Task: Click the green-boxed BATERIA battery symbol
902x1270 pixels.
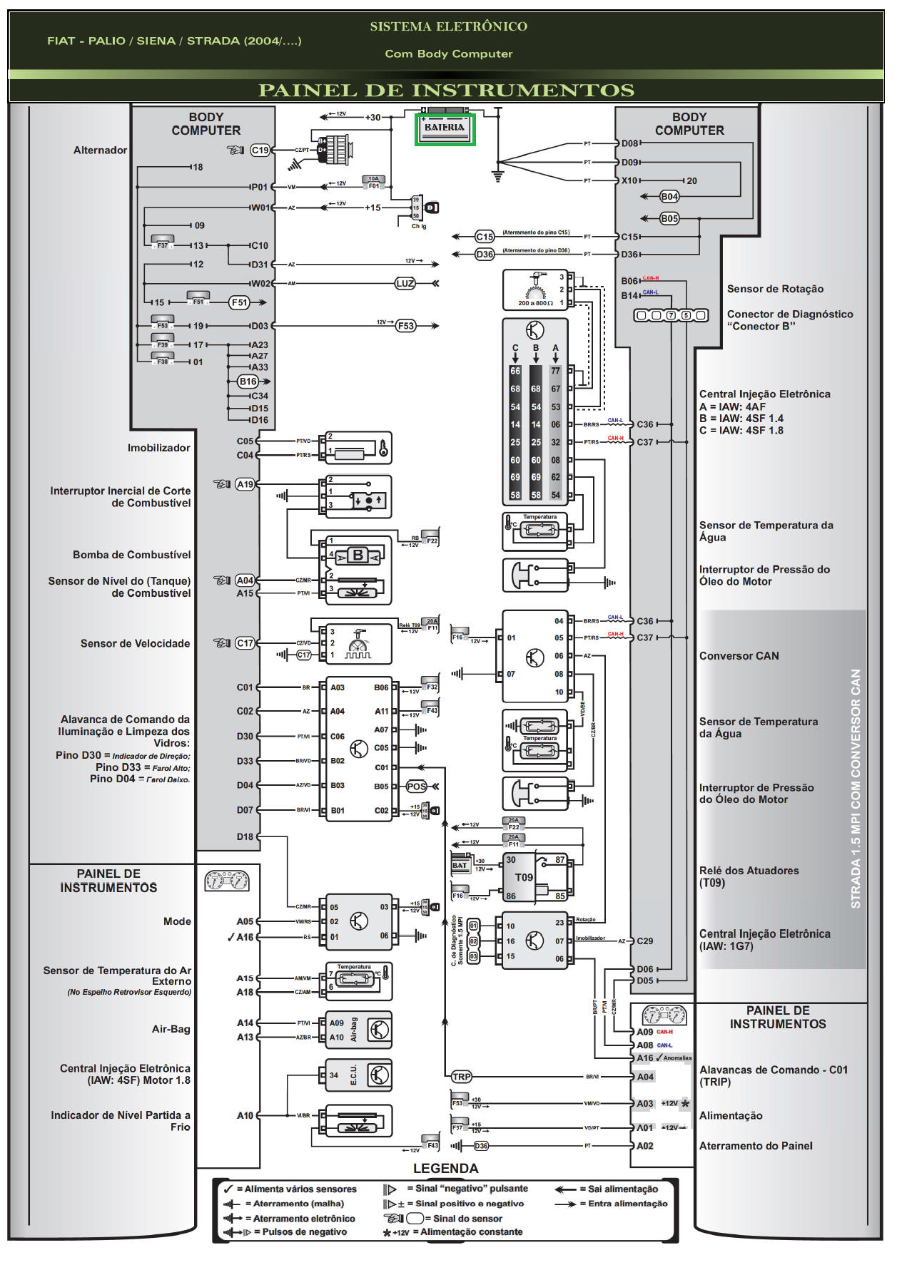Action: click(445, 129)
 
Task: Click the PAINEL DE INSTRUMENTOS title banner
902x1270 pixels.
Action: click(446, 91)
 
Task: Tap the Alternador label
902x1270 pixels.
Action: click(100, 150)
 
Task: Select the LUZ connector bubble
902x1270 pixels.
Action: click(405, 283)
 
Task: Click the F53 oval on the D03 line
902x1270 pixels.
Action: click(405, 325)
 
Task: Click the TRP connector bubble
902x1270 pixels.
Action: click(461, 1077)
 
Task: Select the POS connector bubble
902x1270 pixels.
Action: click(416, 787)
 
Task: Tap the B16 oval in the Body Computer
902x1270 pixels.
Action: click(248, 381)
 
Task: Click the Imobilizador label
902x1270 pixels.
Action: click(158, 448)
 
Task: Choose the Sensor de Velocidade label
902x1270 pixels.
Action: click(135, 643)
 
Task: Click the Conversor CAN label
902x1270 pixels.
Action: click(739, 656)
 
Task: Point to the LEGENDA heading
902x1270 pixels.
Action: click(445, 1168)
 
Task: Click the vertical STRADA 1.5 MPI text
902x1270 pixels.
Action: click(856, 788)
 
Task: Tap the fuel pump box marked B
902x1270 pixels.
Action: click(357, 555)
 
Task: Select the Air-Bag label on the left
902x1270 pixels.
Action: click(171, 1029)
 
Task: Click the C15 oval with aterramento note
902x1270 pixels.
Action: click(485, 237)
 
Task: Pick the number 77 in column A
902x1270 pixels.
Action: click(555, 371)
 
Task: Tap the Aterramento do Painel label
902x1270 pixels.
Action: click(755, 1146)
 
